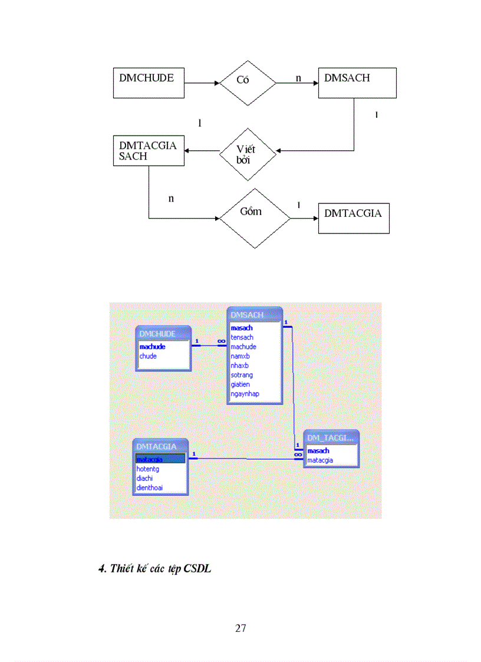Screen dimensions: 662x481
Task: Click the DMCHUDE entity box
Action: (x=148, y=83)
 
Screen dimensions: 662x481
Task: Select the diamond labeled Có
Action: (x=248, y=83)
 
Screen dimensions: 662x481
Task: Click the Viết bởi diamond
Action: (x=248, y=154)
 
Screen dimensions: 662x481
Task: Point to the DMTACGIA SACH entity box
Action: (x=148, y=151)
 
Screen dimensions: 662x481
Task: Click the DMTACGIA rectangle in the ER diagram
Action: (x=353, y=219)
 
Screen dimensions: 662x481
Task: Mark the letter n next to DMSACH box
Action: (x=298, y=77)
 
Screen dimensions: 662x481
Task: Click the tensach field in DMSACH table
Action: (x=242, y=338)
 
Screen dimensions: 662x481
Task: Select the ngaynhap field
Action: (x=245, y=394)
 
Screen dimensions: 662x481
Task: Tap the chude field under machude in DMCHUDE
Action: (x=148, y=356)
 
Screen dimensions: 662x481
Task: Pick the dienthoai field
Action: (x=150, y=488)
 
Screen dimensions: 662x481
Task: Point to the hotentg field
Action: (x=148, y=469)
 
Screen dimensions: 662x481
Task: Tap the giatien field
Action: (x=240, y=384)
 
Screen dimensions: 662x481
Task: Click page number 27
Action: (x=240, y=628)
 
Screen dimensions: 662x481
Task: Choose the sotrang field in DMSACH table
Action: (x=242, y=375)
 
